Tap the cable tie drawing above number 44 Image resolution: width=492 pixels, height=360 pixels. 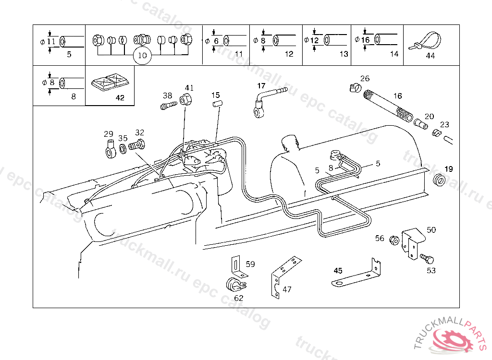pos(426,41)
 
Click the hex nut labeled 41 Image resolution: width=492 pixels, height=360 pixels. pos(185,99)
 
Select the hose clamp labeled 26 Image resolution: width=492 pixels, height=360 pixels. pos(354,88)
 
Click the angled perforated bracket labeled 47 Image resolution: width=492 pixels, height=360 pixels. pos(283,277)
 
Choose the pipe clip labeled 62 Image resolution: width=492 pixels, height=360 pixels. pos(234,285)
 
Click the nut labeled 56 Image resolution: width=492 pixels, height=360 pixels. pos(393,239)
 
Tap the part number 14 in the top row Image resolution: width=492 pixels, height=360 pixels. pos(394,54)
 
